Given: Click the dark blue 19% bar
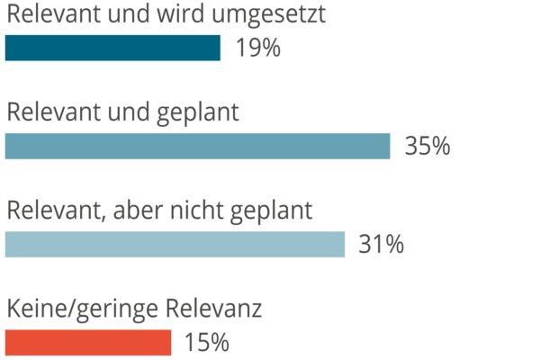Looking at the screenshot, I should [112, 48].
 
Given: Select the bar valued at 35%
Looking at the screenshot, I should [197, 146].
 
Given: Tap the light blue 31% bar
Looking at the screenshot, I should [175, 245].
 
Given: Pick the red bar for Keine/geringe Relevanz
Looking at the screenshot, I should [87, 343].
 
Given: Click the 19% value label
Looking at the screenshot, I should [257, 48].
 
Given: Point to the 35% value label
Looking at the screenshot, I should [427, 146].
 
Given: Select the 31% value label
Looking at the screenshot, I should [381, 245].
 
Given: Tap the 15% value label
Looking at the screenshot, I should [207, 343].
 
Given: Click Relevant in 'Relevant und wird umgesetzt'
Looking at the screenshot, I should [49, 14].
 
